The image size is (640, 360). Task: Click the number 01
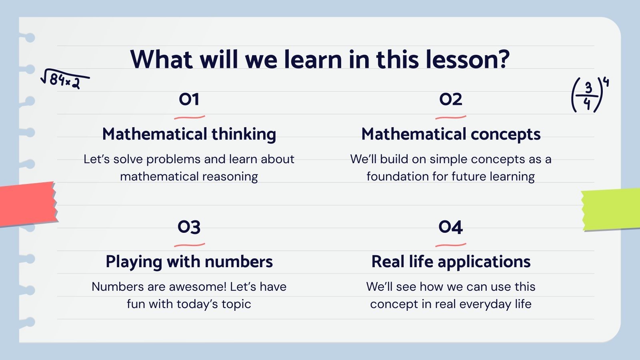(x=189, y=100)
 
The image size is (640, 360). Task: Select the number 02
(x=450, y=100)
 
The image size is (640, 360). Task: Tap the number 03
(x=189, y=227)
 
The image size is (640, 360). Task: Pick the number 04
(x=450, y=227)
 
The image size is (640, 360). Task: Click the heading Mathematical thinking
(x=189, y=134)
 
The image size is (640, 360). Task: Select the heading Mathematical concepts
(x=451, y=134)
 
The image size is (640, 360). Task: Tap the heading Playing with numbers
(x=189, y=262)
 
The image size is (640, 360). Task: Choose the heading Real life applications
(x=451, y=262)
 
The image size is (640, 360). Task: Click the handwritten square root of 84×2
(x=65, y=79)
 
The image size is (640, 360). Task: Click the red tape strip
(x=28, y=204)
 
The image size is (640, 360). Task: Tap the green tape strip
(x=611, y=210)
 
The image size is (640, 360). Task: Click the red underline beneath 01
(x=190, y=117)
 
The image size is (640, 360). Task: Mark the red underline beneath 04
(x=450, y=245)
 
